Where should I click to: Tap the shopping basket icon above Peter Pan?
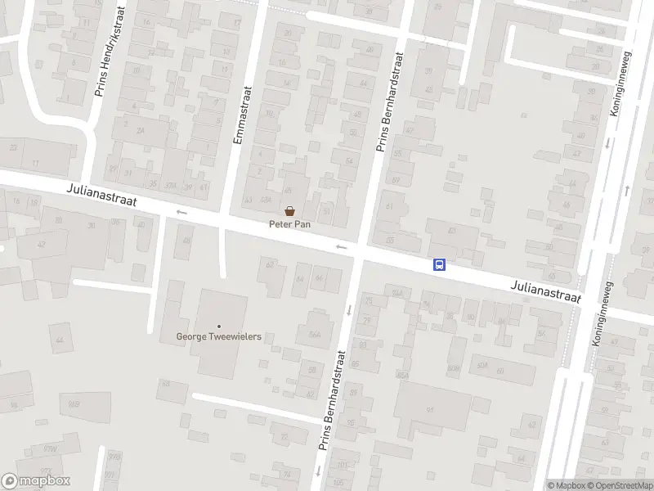click(289, 210)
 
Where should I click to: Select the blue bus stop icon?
click(439, 264)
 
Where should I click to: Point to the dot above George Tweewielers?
click(219, 326)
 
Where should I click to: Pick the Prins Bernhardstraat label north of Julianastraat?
click(389, 103)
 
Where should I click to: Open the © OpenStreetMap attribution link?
click(618, 485)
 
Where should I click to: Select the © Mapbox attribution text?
click(565, 485)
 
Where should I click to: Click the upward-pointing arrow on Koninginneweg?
click(627, 190)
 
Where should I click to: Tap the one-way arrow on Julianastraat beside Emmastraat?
click(181, 213)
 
